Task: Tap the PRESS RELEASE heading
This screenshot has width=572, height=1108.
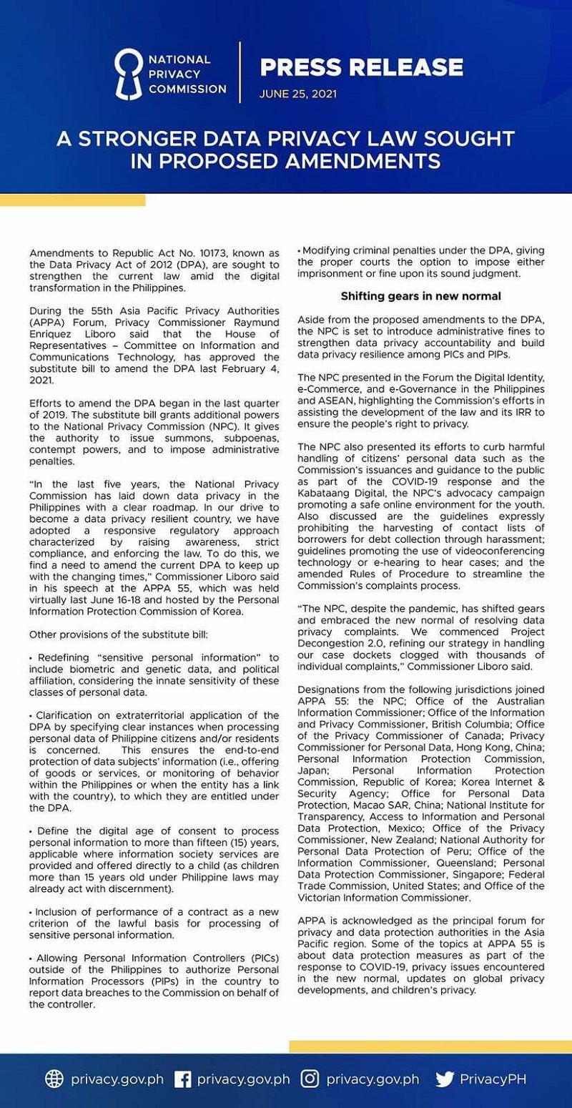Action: (361, 68)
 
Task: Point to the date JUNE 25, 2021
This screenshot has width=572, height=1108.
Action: (298, 94)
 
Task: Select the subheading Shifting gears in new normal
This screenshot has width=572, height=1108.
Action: (420, 295)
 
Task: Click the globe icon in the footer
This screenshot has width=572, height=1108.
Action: (54, 1079)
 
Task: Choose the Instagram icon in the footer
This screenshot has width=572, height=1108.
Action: (310, 1079)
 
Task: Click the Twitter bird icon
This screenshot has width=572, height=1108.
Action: (444, 1079)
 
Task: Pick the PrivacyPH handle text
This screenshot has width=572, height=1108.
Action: (493, 1079)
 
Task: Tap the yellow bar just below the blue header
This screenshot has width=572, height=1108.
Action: (72, 200)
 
